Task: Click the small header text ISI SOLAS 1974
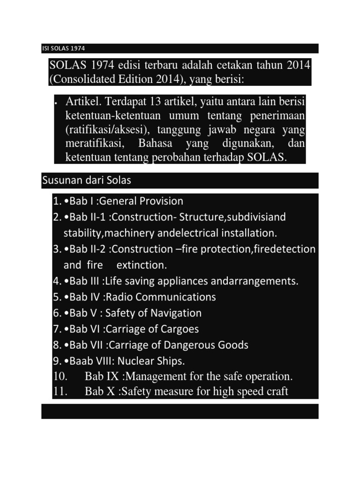(63, 49)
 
